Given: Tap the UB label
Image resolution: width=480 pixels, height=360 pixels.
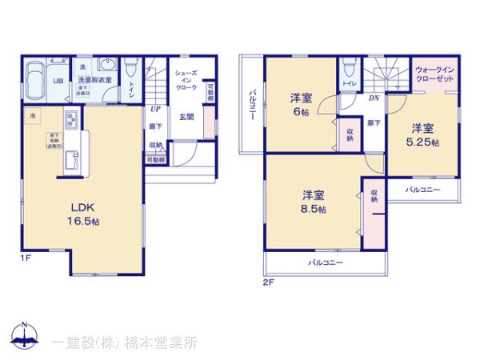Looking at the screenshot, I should [58, 81].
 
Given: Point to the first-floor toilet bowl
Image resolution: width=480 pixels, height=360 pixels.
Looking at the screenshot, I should [131, 68].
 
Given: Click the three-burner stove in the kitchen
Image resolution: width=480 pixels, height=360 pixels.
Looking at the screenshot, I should [70, 122].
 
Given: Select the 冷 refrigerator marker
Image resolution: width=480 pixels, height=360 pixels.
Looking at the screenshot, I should [33, 116].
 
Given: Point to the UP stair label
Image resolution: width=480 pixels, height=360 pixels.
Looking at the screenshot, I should [154, 110].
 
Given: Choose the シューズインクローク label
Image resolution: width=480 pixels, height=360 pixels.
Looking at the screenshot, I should [185, 80].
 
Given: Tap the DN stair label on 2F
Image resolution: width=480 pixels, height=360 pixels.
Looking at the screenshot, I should [374, 98].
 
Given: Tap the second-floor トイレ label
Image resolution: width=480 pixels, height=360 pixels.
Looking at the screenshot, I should [348, 83].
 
